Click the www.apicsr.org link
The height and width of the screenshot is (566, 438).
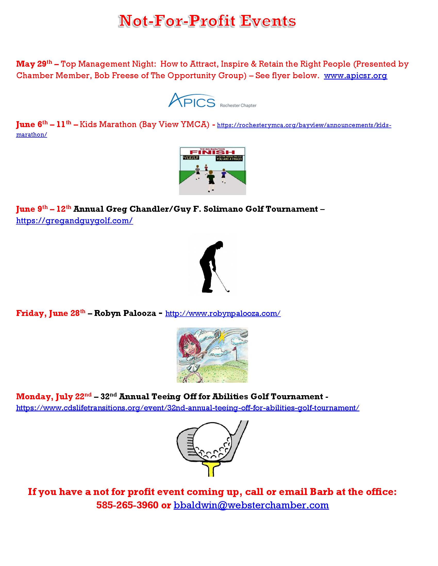[355, 76]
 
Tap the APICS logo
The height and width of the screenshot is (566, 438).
[192, 101]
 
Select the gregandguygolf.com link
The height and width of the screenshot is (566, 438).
[74, 220]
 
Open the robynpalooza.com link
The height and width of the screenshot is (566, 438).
[223, 313]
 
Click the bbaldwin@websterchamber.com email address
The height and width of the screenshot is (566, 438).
[251, 505]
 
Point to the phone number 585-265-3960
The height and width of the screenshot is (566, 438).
[127, 505]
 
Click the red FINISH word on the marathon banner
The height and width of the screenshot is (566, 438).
[212, 152]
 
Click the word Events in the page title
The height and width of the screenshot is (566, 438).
[268, 21]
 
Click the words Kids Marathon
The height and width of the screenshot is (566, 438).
[108, 125]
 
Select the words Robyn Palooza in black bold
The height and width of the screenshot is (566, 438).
[125, 313]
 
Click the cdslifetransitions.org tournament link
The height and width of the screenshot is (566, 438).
[187, 408]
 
